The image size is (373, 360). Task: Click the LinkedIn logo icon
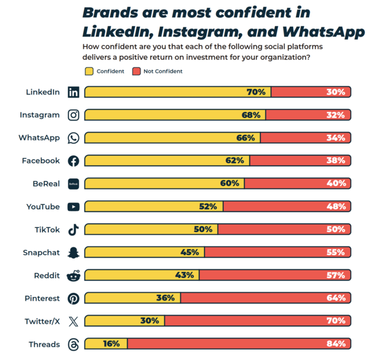tap(73, 92)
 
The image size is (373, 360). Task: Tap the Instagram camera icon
tap(73, 115)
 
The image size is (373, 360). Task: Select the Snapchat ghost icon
tap(73, 252)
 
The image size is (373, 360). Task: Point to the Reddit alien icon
tap(73, 275)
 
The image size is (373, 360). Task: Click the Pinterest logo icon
tap(73, 298)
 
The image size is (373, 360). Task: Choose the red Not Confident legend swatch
tap(136, 72)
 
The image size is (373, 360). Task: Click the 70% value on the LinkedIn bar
tap(256, 92)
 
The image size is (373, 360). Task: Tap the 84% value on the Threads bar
tap(335, 344)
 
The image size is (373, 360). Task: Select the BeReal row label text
tap(46, 183)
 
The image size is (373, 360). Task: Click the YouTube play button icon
tap(73, 206)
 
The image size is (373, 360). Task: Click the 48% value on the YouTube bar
tap(335, 206)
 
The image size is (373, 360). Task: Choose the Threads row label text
tap(44, 344)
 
